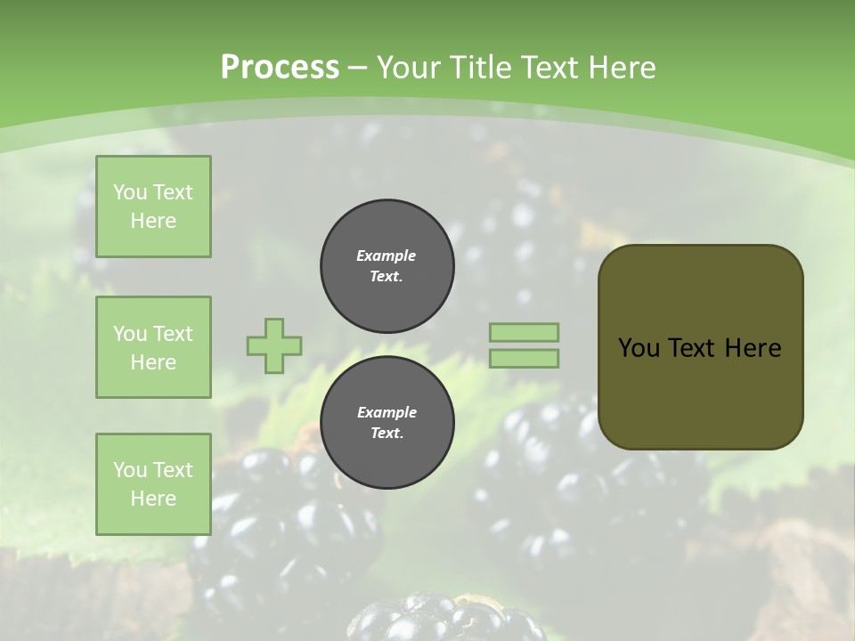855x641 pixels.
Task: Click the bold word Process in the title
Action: (280, 67)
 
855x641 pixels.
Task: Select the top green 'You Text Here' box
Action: (153, 207)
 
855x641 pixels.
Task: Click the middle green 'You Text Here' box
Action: (153, 347)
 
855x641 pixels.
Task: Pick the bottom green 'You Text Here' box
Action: (153, 484)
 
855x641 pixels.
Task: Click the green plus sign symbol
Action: (274, 345)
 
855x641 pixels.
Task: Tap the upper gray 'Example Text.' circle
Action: (387, 266)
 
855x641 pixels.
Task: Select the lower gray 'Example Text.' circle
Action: (387, 423)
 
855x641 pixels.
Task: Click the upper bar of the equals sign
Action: (524, 332)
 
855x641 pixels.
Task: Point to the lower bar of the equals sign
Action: (524, 359)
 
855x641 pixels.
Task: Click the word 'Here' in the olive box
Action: (753, 348)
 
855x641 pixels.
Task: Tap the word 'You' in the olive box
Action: (639, 348)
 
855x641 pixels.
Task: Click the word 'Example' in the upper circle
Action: (387, 256)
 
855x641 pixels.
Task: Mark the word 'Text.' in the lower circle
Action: (387, 434)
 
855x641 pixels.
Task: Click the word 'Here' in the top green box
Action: (153, 221)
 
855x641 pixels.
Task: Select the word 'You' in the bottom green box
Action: (130, 470)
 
